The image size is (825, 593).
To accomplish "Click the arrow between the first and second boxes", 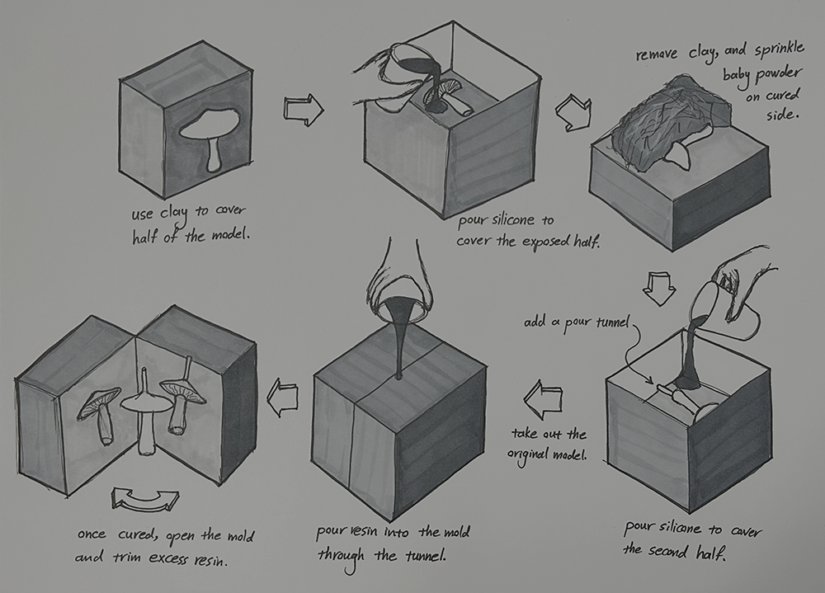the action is tap(304, 110).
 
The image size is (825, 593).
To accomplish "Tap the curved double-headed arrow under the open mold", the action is tap(146, 499).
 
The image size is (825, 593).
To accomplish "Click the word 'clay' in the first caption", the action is tap(174, 214).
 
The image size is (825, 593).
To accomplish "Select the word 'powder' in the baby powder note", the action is tap(777, 75).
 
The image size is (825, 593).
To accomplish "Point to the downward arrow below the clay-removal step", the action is tap(658, 289).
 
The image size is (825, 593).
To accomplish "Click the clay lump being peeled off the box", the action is tap(668, 122).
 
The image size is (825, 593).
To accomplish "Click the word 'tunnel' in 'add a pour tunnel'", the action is tap(611, 322).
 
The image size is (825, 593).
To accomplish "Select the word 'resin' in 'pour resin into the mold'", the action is tap(364, 531).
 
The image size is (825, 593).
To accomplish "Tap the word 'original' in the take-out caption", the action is tap(526, 455).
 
